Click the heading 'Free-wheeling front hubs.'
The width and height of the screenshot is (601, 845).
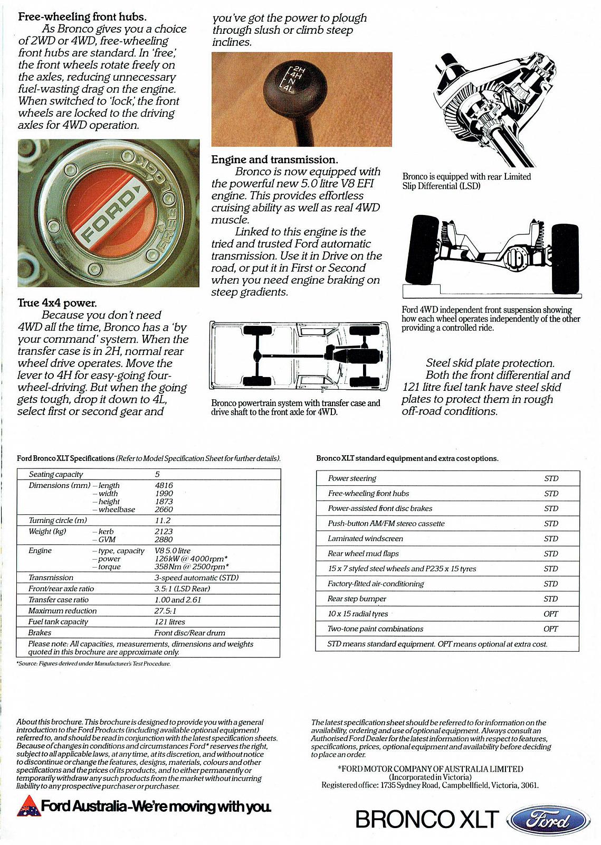click(82, 16)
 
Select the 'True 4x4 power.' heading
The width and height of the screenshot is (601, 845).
click(57, 303)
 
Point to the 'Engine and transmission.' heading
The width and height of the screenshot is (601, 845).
click(274, 159)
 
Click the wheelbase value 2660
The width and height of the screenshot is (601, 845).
click(164, 510)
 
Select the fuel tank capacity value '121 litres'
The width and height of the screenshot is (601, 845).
click(169, 622)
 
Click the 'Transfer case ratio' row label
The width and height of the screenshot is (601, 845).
click(59, 599)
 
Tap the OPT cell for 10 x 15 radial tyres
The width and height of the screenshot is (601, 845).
click(550, 614)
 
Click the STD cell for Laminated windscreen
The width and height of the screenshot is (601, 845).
click(551, 539)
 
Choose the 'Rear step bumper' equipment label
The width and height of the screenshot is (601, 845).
click(357, 599)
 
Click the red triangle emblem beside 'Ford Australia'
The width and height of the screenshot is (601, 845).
click(27, 806)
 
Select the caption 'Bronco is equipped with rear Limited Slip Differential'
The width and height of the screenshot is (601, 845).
click(466, 181)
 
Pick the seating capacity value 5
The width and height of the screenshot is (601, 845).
click(157, 474)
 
